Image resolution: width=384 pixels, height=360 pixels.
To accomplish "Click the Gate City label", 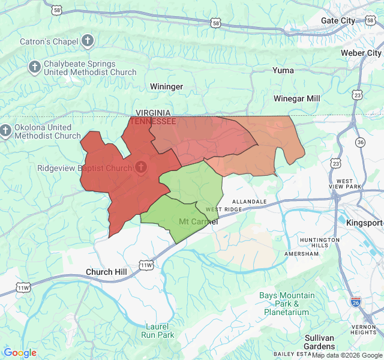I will pyautogui.click(x=338, y=20).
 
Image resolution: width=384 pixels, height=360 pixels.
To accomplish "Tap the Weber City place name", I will pyautogui.click(x=361, y=53).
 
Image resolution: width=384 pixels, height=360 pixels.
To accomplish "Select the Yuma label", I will pyautogui.click(x=283, y=70).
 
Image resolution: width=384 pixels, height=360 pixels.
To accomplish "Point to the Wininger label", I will pyautogui.click(x=166, y=86).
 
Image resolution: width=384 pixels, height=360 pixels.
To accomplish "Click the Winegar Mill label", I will pyautogui.click(x=296, y=98).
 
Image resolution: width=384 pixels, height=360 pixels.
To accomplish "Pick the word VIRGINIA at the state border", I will pyautogui.click(x=153, y=113).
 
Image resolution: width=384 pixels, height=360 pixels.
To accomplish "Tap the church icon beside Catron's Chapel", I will pyautogui.click(x=88, y=41).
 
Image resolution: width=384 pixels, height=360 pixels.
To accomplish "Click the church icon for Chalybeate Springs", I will pyautogui.click(x=35, y=67).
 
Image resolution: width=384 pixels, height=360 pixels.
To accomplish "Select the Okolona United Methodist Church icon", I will pyautogui.click(x=6, y=130).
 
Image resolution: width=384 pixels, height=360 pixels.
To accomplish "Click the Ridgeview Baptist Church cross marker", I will pyautogui.click(x=142, y=167).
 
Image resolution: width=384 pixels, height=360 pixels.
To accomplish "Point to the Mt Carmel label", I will pyautogui.click(x=199, y=222).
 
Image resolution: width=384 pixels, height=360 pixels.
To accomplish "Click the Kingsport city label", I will pyautogui.click(x=364, y=223).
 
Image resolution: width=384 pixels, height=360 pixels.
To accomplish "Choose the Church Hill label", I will pyautogui.click(x=106, y=272).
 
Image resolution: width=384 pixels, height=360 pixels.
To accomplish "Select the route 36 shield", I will pyautogui.click(x=360, y=142).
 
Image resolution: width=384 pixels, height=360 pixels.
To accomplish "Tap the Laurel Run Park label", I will pyautogui.click(x=158, y=331).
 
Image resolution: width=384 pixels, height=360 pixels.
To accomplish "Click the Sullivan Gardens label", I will pyautogui.click(x=319, y=342).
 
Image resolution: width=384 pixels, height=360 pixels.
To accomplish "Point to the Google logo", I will pyautogui.click(x=20, y=353).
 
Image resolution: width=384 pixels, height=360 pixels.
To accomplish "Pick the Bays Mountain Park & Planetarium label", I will pyautogui.click(x=287, y=304).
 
